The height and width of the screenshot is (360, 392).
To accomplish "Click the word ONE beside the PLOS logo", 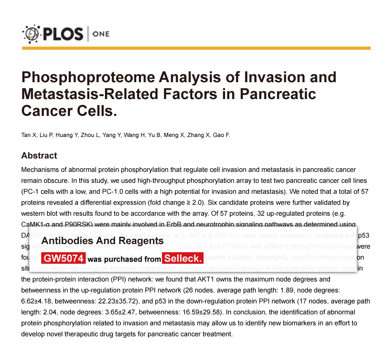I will pos(100,34).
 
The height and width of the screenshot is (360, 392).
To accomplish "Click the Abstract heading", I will pos(39,156).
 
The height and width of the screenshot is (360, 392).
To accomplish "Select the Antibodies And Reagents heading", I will pos(102,241).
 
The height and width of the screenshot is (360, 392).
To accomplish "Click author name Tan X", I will pos(29,135).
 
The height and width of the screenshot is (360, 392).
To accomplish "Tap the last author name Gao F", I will pos(221,135).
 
